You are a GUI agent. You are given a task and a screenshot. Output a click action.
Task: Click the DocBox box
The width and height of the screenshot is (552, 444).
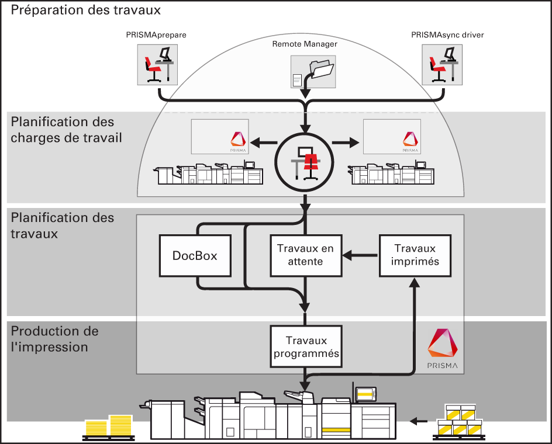(x=195, y=255)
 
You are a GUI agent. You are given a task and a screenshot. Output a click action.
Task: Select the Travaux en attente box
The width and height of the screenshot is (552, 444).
(x=306, y=255)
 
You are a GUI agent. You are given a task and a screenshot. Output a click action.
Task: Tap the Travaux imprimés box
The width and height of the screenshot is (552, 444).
(x=415, y=255)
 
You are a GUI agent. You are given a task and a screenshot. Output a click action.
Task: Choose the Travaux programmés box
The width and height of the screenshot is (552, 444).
(x=306, y=346)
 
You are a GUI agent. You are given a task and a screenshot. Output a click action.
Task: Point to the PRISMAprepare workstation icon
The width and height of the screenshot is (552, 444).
(x=157, y=65)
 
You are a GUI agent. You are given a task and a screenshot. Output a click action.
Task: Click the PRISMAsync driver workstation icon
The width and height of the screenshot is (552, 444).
(x=442, y=65)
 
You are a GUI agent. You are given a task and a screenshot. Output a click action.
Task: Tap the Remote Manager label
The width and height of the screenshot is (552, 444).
(x=305, y=44)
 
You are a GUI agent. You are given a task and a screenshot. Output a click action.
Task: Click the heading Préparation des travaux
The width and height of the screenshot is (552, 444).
(x=85, y=10)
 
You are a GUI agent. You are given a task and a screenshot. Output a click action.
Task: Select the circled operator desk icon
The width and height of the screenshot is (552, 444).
(x=305, y=163)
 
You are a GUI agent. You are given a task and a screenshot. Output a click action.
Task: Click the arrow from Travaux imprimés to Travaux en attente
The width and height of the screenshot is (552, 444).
(x=360, y=255)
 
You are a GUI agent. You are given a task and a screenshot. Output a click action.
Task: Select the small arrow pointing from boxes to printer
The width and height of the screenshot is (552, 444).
(x=419, y=421)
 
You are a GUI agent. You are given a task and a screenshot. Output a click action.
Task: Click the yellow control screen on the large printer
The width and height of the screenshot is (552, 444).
(x=366, y=394)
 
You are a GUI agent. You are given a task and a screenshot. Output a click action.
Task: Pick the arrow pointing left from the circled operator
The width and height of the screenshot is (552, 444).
(x=263, y=143)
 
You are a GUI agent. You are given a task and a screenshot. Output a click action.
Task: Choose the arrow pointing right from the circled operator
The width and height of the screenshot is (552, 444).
(x=346, y=143)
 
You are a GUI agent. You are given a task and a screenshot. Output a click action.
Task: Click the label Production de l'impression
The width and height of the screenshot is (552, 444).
(x=54, y=339)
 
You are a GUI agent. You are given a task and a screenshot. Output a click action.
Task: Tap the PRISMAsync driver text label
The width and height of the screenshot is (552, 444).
(x=447, y=35)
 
